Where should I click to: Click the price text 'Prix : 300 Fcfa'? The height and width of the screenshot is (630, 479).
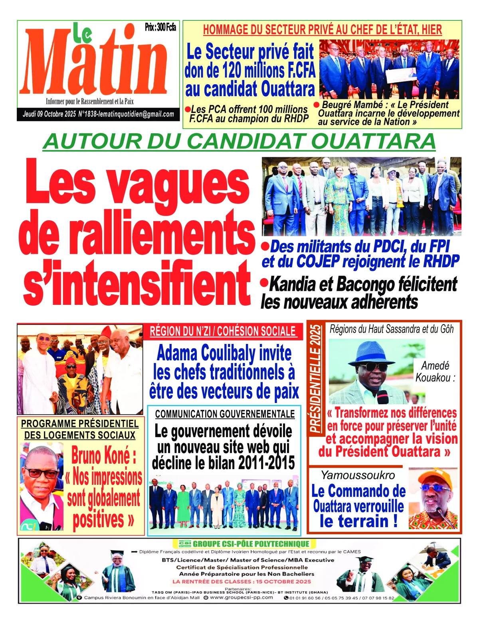[160, 27]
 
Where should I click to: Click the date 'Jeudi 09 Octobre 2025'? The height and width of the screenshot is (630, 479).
[49, 114]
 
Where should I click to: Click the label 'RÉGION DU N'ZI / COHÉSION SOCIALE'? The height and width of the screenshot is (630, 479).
[223, 331]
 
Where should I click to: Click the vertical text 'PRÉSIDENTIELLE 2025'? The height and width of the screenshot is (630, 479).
[316, 378]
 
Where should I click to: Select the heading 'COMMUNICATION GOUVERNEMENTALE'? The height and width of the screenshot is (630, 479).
[225, 414]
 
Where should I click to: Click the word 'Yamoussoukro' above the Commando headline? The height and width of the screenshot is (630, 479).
[358, 475]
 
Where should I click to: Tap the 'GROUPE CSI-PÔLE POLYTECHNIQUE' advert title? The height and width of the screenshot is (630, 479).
[250, 544]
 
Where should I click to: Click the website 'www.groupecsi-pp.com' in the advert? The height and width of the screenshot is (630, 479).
[241, 597]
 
